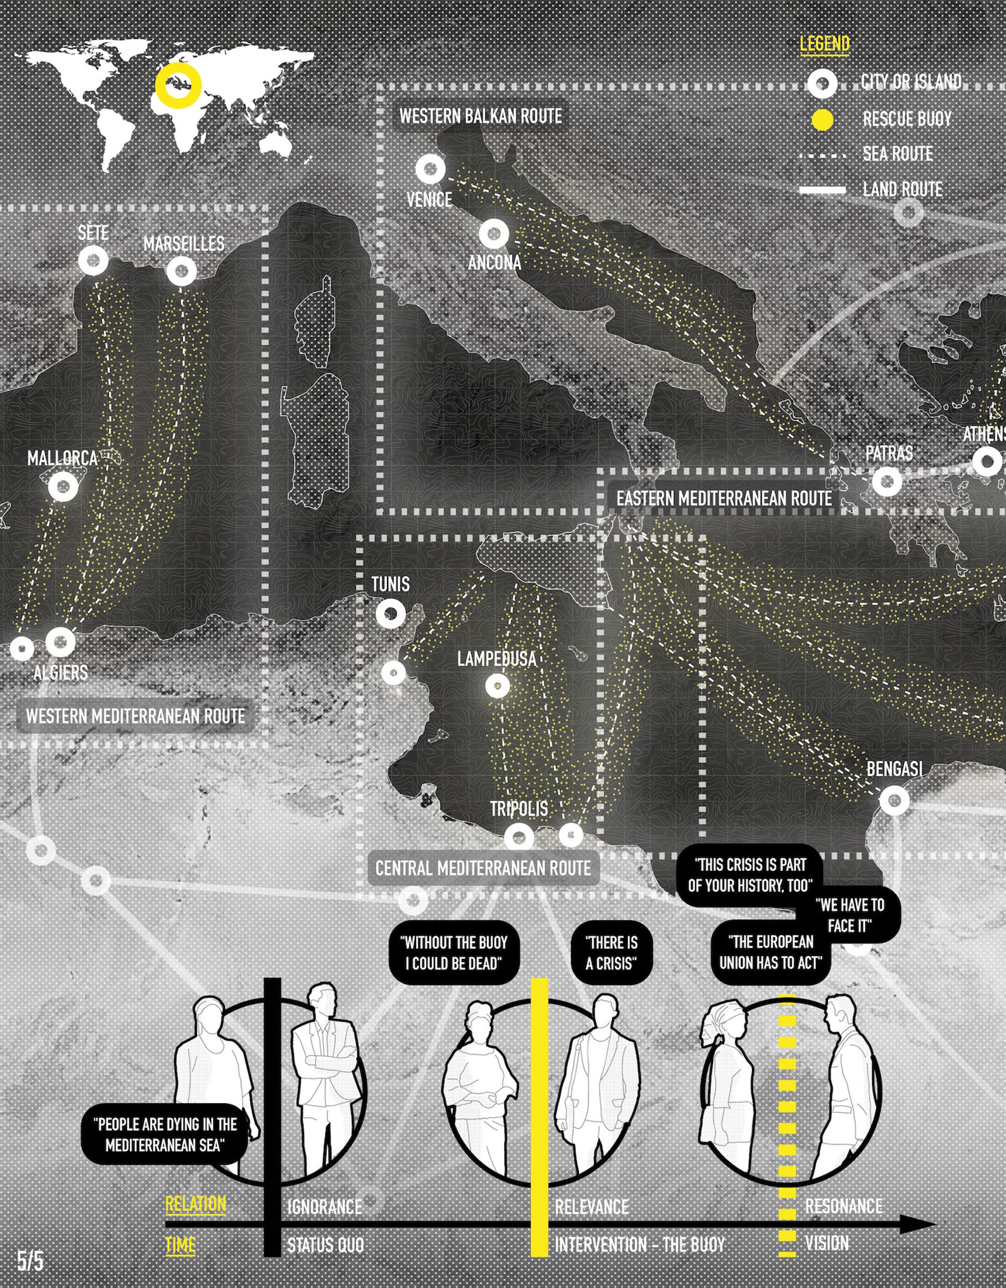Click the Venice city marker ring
430,169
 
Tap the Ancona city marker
494,234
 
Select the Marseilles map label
183,243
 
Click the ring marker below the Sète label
93,260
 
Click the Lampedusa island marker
497,686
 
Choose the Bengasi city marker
894,800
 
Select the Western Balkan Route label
481,116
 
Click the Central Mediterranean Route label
483,868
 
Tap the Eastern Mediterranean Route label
724,498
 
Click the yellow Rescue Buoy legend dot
823,120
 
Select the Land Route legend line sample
823,190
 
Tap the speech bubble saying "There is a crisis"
612,952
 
